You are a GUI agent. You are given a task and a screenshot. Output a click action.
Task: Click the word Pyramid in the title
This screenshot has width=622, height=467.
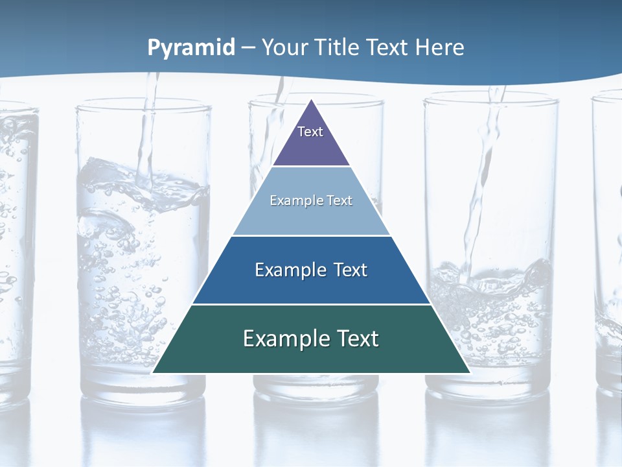[191, 48]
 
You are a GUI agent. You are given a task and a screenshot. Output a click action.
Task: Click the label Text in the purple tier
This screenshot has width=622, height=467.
[310, 132]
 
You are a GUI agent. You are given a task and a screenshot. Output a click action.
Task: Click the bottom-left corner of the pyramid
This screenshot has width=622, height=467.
[153, 372]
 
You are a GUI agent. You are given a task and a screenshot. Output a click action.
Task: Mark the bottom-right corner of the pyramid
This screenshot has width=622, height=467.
[470, 372]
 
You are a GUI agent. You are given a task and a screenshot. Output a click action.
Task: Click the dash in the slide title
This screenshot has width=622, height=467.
[248, 48]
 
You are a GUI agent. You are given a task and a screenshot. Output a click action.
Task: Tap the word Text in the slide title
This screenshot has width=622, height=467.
[388, 47]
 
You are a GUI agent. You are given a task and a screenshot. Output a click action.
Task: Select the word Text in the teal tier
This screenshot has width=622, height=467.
[357, 339]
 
